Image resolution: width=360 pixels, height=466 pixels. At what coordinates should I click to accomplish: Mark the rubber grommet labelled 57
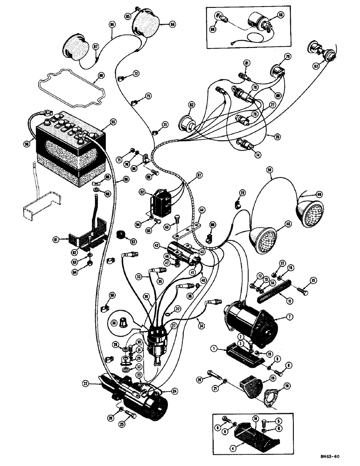(x=122, y=234)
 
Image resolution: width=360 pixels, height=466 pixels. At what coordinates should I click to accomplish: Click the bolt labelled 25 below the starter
(x=130, y=414)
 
